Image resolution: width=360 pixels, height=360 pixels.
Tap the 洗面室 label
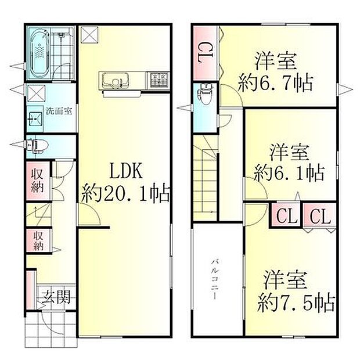(x=59, y=111)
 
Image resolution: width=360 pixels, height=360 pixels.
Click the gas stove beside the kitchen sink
(x=158, y=78)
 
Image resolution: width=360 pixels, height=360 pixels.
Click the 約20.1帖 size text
(x=126, y=192)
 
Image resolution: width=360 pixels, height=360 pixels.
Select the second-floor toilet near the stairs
(x=206, y=93)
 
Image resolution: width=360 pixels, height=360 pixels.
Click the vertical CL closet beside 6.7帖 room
(x=204, y=54)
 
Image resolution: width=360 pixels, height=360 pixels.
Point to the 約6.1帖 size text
(x=289, y=172)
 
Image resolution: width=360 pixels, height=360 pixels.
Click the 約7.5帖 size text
(x=296, y=301)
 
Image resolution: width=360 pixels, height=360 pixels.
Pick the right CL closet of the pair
(x=319, y=218)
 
